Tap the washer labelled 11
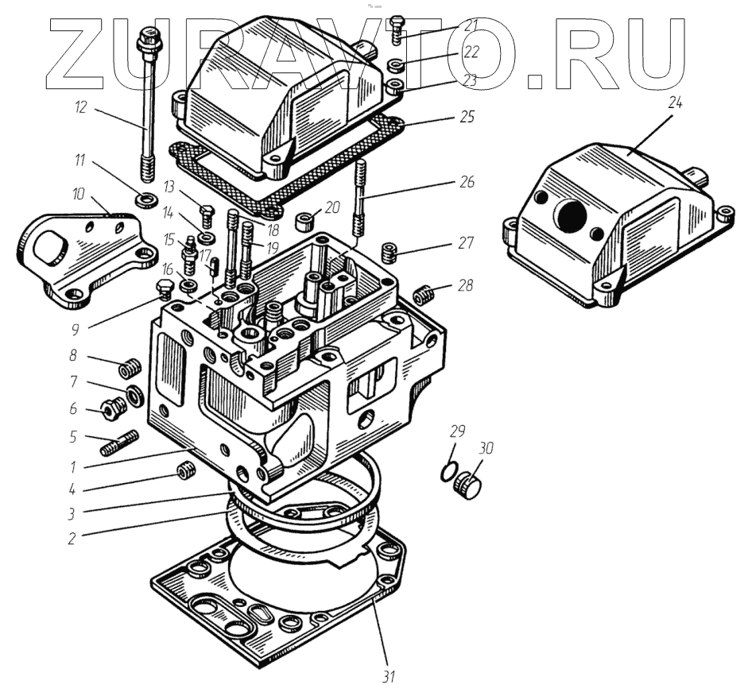pyautogui.click(x=145, y=198)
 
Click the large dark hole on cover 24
pyautogui.click(x=566, y=215)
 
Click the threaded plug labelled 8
pyautogui.click(x=128, y=369)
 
